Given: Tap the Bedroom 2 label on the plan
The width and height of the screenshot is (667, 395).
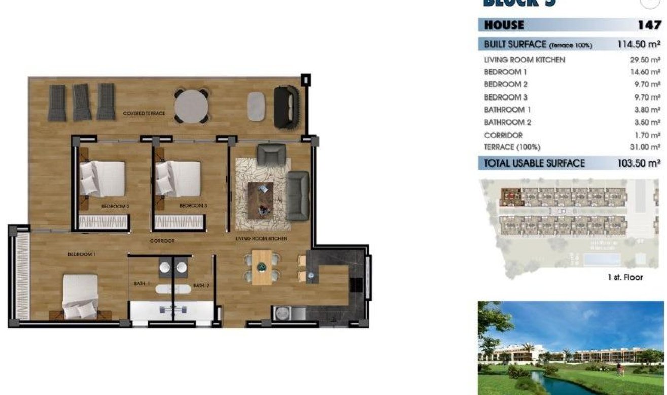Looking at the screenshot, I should click(116, 207).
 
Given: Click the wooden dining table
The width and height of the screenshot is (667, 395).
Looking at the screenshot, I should click(262, 267).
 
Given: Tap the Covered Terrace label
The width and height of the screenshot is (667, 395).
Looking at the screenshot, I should click(144, 113).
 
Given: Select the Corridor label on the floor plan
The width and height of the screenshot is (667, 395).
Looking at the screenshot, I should click(162, 241).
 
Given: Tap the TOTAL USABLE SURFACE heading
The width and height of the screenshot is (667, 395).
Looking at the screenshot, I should click(534, 163).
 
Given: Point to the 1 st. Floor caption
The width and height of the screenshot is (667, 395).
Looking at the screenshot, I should click(625, 277).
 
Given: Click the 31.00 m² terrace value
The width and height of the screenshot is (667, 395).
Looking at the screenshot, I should click(645, 147).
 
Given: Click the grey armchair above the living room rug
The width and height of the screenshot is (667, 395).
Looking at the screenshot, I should click(268, 154).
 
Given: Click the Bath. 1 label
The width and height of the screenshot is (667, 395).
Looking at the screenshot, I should click(142, 284).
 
